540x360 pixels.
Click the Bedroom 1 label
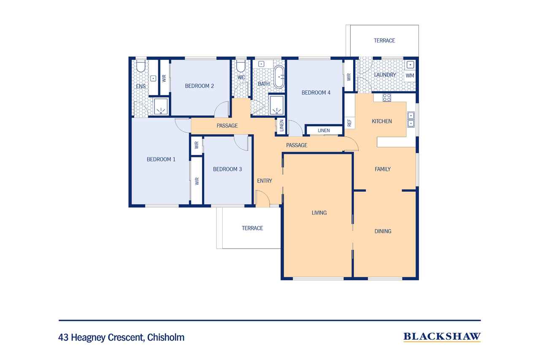(161, 159)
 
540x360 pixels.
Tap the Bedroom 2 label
(199, 86)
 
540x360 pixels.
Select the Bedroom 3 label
(227, 169)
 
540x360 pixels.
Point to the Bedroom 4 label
(316, 92)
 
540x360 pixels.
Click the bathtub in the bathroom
(279, 77)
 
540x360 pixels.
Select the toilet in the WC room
(241, 66)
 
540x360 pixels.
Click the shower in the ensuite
(160, 106)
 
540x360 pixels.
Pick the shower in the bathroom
(276, 105)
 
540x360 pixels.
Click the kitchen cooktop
(387, 97)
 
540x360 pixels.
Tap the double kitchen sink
(410, 119)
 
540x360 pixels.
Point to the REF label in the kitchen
(349, 123)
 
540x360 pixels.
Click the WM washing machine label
(410, 75)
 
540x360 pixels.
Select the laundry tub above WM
(410, 65)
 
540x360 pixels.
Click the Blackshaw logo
(442, 336)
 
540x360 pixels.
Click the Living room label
(319, 213)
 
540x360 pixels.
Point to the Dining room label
(383, 231)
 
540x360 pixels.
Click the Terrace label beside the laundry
(384, 41)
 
